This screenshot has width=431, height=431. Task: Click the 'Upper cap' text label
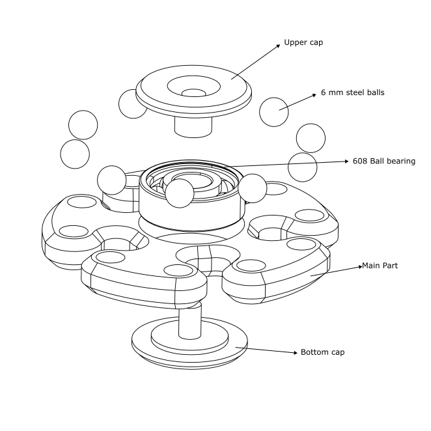click(303, 43)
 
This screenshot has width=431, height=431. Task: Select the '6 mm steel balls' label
click(352, 92)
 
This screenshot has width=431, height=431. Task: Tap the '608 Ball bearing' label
click(383, 161)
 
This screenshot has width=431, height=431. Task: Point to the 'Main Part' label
click(380, 266)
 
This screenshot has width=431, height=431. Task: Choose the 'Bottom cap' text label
click(322, 352)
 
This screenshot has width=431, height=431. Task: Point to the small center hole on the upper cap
click(193, 92)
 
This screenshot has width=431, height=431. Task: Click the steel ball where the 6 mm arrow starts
click(273, 111)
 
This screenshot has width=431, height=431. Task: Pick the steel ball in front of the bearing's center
click(179, 193)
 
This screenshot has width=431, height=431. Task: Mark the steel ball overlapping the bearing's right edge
click(252, 188)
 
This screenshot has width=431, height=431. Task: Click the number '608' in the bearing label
click(361, 161)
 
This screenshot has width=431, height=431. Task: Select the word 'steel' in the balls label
click(352, 92)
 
